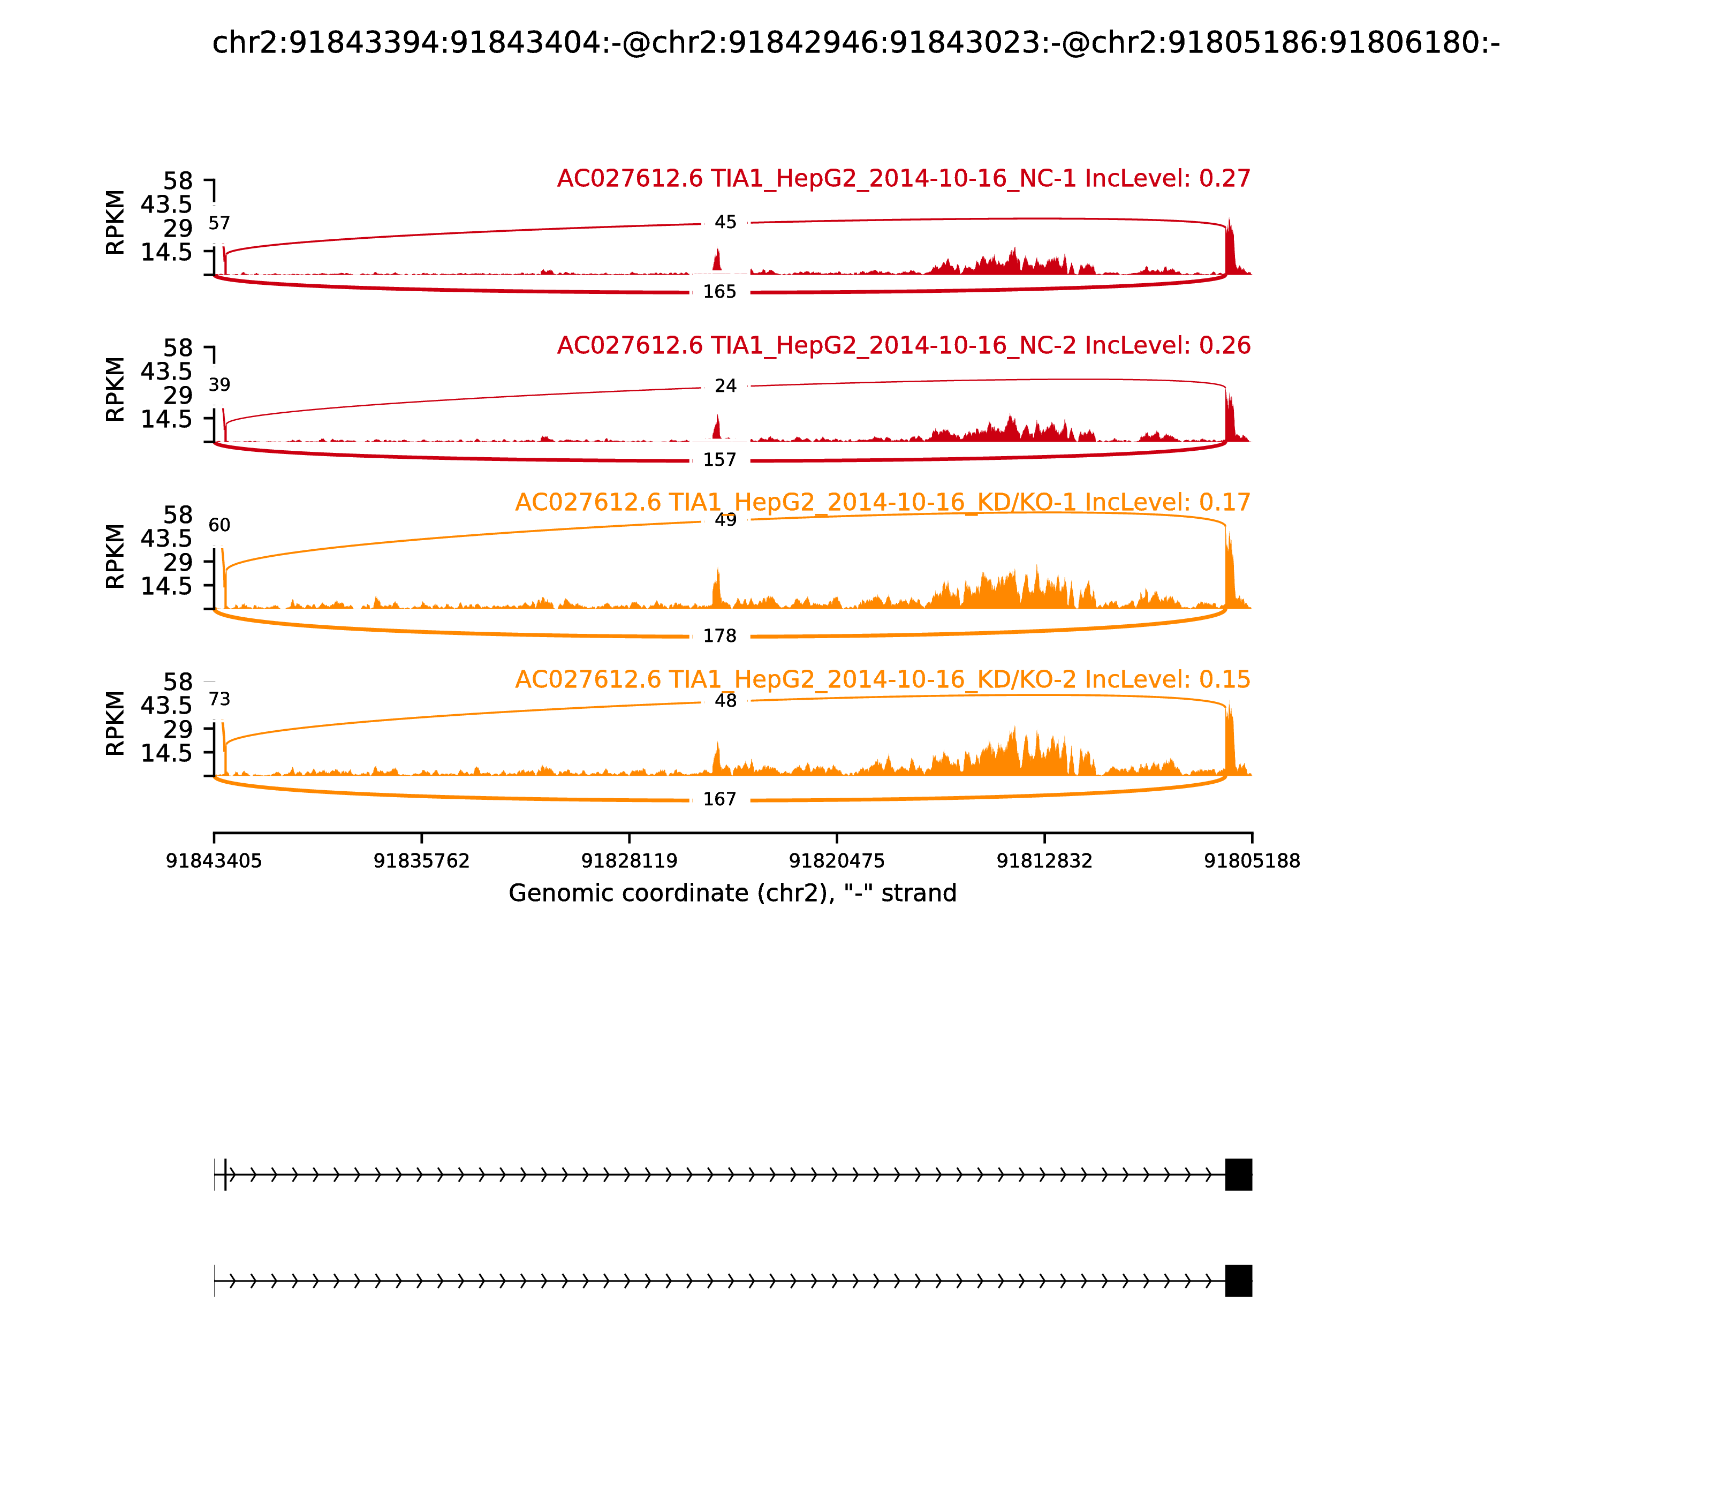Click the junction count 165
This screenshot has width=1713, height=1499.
[x=719, y=292]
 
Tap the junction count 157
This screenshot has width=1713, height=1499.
[x=719, y=460]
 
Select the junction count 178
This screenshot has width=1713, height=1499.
[x=719, y=636]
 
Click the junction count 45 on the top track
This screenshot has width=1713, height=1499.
[x=725, y=223]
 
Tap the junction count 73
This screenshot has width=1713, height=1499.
[x=219, y=699]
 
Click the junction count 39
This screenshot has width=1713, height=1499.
[x=219, y=385]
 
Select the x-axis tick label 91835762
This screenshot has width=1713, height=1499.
[x=422, y=861]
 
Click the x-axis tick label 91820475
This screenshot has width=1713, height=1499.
[x=836, y=861]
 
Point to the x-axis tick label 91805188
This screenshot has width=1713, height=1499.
[x=1252, y=861]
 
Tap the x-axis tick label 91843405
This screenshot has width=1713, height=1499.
[x=214, y=861]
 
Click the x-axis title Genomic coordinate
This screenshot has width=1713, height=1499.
[x=732, y=894]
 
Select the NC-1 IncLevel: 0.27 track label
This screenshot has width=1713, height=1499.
[x=904, y=179]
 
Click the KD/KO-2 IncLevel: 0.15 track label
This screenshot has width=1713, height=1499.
[x=882, y=679]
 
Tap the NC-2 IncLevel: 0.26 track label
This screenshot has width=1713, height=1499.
[x=904, y=345]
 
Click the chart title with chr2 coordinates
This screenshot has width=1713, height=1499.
[x=855, y=43]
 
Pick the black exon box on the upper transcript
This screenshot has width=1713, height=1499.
[x=1238, y=1175]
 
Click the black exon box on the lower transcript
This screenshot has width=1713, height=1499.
[x=1238, y=1281]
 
